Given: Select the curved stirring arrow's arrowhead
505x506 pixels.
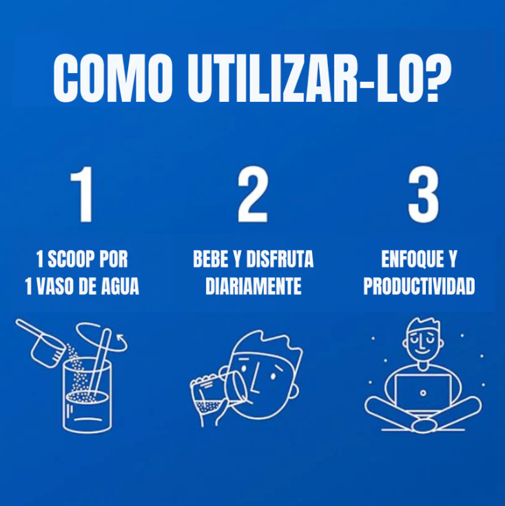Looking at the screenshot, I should tap(123, 338).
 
